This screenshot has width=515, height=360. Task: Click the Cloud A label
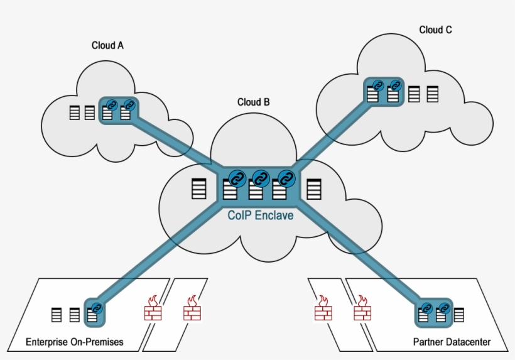[107, 45]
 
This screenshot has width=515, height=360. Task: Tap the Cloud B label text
[253, 102]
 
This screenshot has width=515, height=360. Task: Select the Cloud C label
[435, 30]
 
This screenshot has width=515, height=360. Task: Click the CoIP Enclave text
[260, 215]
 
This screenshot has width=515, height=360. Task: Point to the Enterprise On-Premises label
[74, 342]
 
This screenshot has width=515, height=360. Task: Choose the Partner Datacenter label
[452, 342]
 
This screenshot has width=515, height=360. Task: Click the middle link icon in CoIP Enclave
[261, 178]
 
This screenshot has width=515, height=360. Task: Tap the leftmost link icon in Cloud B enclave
[237, 178]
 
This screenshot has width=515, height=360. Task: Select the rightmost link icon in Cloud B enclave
[286, 178]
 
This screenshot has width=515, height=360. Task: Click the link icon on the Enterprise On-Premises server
[96, 308]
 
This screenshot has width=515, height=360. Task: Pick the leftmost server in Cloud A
[75, 113]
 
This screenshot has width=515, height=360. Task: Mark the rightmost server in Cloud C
[432, 94]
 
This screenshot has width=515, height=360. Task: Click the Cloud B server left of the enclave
[198, 189]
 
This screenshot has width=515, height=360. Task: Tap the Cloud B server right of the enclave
[313, 189]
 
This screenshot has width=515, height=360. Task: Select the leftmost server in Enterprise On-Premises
[57, 315]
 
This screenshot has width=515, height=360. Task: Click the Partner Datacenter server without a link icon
[459, 315]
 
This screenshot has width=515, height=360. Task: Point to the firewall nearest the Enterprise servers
[152, 309]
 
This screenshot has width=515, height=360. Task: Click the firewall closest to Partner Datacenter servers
[362, 309]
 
